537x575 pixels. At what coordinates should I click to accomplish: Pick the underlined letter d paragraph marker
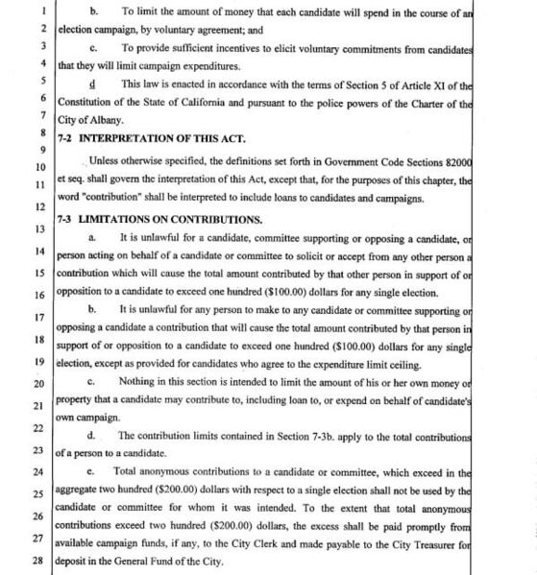click(x=89, y=84)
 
